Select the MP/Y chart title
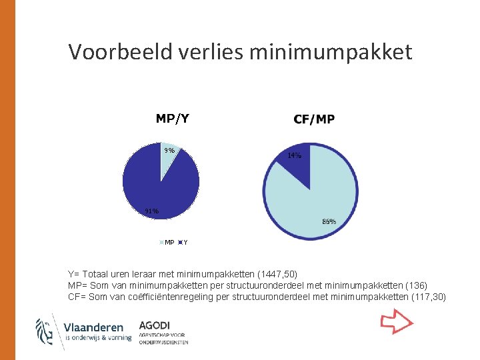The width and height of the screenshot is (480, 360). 172,119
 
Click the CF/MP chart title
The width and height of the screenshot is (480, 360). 314,119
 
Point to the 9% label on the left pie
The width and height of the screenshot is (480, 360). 169,151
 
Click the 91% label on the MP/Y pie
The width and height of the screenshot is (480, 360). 152,211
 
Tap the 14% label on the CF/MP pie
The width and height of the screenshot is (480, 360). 294,155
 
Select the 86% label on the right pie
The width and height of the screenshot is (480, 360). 329,221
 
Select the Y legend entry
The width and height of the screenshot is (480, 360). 183,242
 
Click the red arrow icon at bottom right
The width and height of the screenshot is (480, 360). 397,323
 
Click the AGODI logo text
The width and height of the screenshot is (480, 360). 155,325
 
